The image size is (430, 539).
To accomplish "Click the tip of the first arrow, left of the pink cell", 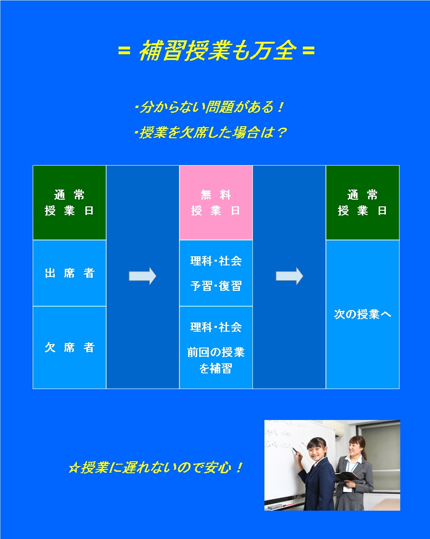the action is coord(156,276).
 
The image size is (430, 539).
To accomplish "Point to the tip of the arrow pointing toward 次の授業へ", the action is coord(303,276).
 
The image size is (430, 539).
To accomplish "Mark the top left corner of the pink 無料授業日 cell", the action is coord(179,166).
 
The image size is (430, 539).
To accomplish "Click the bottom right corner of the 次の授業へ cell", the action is coord(399,389).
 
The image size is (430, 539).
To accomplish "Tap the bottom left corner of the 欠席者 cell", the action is coord(33,389).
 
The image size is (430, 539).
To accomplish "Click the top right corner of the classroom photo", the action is coord(400,420).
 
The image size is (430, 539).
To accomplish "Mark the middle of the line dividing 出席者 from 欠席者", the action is coord(70,306).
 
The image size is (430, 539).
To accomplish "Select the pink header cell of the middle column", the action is coord(216,203).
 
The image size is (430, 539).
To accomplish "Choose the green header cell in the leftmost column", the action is coord(70,203).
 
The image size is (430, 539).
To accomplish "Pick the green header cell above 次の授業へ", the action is coord(363,203).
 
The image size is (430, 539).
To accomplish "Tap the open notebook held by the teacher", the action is coord(347,477).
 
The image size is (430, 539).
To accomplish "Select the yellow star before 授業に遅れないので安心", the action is coord(74,468).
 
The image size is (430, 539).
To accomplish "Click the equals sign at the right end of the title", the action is coord(309,51).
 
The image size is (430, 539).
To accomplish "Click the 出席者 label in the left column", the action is coord(70,273).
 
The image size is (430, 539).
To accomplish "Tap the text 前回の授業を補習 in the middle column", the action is coord(216,360).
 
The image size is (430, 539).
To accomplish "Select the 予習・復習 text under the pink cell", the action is coord(216,286).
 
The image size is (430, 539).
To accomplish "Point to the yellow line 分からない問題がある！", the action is coord(209,107).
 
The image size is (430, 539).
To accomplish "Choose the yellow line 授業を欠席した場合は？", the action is coord(210,132).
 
